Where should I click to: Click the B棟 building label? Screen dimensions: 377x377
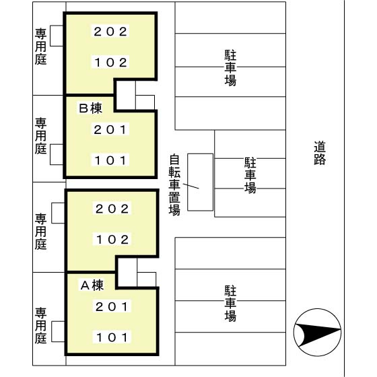click(x=90, y=108)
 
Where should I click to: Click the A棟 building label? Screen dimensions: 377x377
click(x=92, y=285)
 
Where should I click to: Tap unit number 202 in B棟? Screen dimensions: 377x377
click(x=110, y=32)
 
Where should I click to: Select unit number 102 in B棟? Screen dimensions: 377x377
click(x=110, y=63)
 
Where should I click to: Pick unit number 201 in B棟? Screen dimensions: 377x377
click(x=110, y=130)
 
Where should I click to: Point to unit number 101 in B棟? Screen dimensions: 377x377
click(x=110, y=160)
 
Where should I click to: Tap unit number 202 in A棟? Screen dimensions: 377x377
click(x=112, y=209)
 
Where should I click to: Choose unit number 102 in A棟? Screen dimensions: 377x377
click(x=112, y=240)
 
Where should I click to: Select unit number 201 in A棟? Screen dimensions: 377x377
click(x=112, y=306)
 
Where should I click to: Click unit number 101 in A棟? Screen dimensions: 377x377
click(x=112, y=337)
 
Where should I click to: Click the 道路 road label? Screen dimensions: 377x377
click(x=320, y=153)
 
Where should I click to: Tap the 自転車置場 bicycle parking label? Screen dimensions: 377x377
click(x=174, y=185)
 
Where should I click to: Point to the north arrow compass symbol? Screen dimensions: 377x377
click(x=317, y=333)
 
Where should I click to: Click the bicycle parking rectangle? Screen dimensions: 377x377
click(x=201, y=182)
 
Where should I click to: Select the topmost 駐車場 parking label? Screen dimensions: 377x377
click(x=230, y=68)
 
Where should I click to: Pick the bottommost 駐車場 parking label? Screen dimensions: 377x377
click(x=230, y=304)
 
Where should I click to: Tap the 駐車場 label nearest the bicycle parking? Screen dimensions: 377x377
click(x=250, y=175)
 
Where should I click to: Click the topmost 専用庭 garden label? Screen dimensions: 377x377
click(x=40, y=46)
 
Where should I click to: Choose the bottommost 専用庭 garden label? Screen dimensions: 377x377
click(x=40, y=326)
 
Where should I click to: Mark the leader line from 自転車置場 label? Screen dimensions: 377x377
click(x=191, y=186)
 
